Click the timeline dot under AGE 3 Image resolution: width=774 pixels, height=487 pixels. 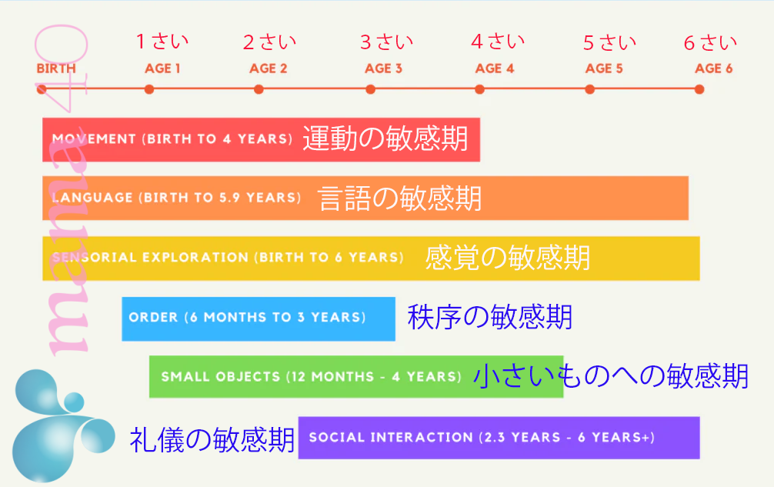click(x=370, y=89)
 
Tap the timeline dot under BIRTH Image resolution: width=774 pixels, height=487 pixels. click(x=42, y=89)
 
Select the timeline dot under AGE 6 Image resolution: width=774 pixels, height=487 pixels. click(x=699, y=89)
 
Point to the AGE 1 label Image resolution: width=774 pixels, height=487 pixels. click(x=162, y=68)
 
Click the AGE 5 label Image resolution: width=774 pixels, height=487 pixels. click(x=604, y=68)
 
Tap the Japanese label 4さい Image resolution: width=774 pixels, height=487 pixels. click(x=498, y=42)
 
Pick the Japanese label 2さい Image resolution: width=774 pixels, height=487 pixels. click(x=269, y=42)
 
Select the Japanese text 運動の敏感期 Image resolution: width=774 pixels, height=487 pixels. click(x=385, y=138)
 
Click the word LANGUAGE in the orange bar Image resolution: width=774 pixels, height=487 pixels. click(x=92, y=198)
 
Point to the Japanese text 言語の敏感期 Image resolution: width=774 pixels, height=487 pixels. click(x=399, y=198)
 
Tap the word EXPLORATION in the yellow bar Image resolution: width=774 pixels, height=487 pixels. click(x=195, y=257)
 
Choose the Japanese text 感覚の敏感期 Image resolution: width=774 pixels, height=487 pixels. click(x=508, y=258)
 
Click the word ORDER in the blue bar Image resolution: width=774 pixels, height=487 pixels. click(x=153, y=317)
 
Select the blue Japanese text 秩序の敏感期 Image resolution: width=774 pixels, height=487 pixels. click(x=489, y=317)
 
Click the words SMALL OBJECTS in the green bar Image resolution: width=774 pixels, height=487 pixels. click(x=221, y=376)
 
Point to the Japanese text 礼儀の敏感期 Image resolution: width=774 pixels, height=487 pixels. click(x=212, y=439)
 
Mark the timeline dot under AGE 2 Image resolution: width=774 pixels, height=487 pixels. click(x=259, y=89)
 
